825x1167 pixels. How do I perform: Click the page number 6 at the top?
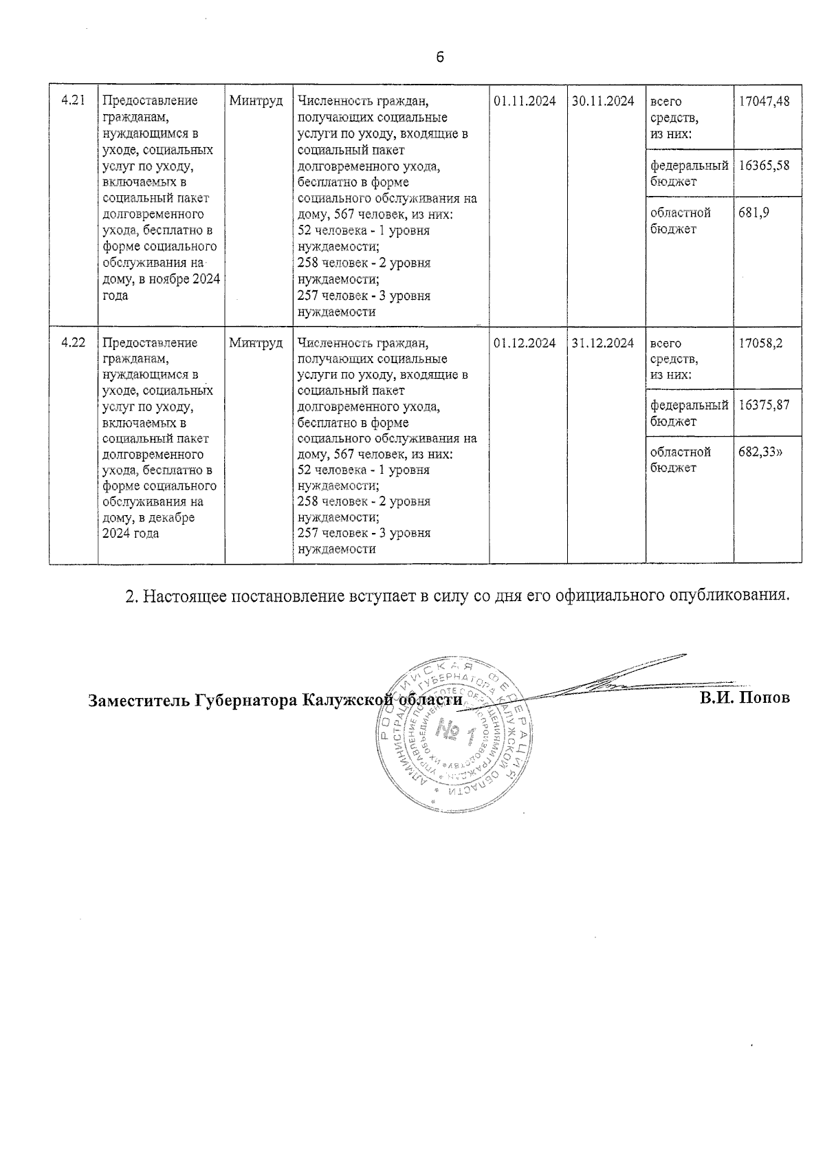[x=440, y=57]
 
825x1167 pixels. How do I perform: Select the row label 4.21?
[x=73, y=100]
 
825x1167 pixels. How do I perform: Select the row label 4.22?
[x=73, y=342]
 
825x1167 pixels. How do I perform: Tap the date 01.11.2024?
[x=525, y=101]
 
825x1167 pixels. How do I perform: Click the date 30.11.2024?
[x=603, y=101]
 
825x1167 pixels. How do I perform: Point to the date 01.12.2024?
[x=525, y=342]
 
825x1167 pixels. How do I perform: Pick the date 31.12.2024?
[x=603, y=342]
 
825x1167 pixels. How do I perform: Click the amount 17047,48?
[x=764, y=101]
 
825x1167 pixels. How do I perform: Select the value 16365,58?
[x=764, y=165]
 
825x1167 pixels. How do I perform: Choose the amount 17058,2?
[x=760, y=342]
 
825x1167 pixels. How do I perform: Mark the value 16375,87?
[x=764, y=405]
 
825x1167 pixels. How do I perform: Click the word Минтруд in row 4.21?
[x=256, y=101]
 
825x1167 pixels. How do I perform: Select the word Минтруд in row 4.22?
[x=256, y=342]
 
